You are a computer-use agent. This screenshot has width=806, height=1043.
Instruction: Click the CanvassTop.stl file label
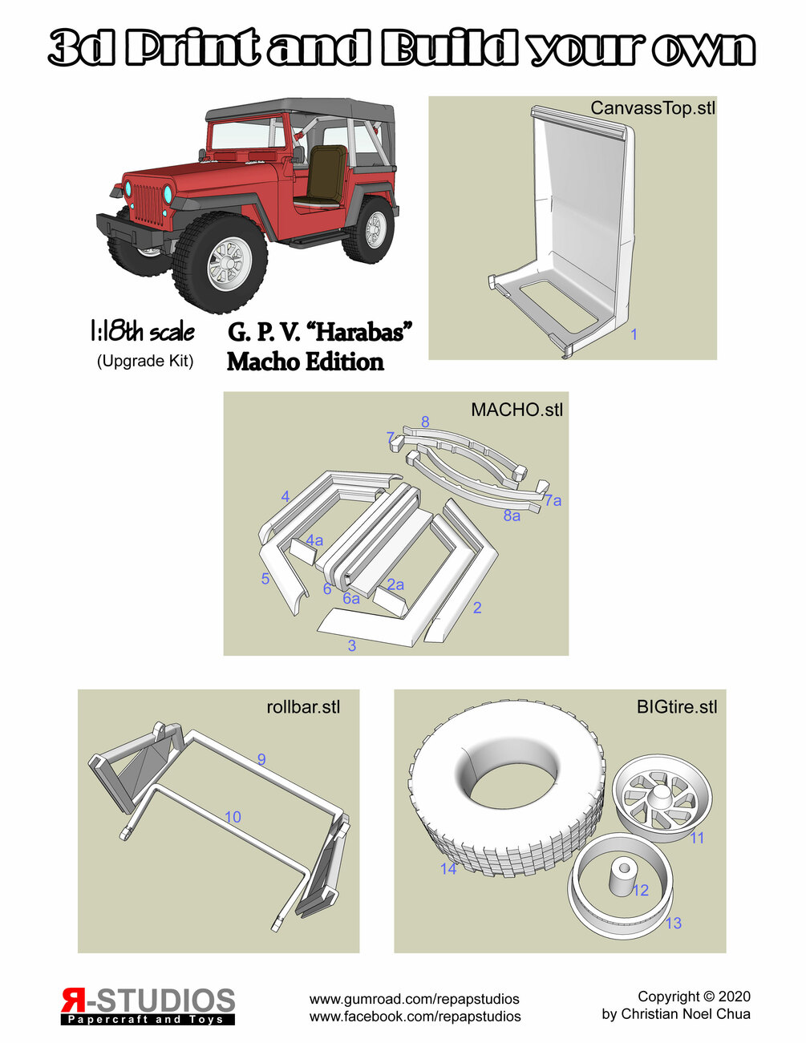pyautogui.click(x=652, y=108)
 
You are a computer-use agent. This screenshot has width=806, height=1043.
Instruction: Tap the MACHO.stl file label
pyautogui.click(x=516, y=410)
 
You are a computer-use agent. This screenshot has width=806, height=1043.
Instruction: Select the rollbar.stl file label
pyautogui.click(x=303, y=707)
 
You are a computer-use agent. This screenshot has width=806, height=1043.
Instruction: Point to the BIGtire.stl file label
pyautogui.click(x=677, y=707)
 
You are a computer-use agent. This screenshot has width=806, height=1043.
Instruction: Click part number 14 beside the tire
pyautogui.click(x=448, y=868)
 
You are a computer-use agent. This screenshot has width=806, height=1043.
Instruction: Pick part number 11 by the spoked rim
pyautogui.click(x=697, y=838)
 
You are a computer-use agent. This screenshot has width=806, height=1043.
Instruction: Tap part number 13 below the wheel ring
pyautogui.click(x=674, y=923)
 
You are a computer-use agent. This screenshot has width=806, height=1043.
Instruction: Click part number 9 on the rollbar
pyautogui.click(x=261, y=759)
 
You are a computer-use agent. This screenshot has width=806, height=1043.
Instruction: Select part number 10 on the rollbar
pyautogui.click(x=233, y=816)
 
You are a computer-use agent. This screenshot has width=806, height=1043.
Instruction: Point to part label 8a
pyautogui.click(x=512, y=515)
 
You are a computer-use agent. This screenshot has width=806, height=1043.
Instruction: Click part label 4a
pyautogui.click(x=314, y=540)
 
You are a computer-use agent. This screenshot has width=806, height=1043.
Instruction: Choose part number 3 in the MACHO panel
pyautogui.click(x=352, y=645)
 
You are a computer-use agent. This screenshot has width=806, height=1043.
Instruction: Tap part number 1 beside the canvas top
pyautogui.click(x=634, y=334)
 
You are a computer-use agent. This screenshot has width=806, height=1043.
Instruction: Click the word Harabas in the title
pyautogui.click(x=362, y=332)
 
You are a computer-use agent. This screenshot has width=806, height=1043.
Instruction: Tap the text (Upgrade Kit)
pyautogui.click(x=145, y=361)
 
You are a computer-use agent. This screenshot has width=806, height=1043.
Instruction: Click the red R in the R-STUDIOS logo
pyautogui.click(x=72, y=1001)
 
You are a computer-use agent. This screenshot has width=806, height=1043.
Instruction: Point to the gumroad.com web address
pyautogui.click(x=415, y=999)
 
